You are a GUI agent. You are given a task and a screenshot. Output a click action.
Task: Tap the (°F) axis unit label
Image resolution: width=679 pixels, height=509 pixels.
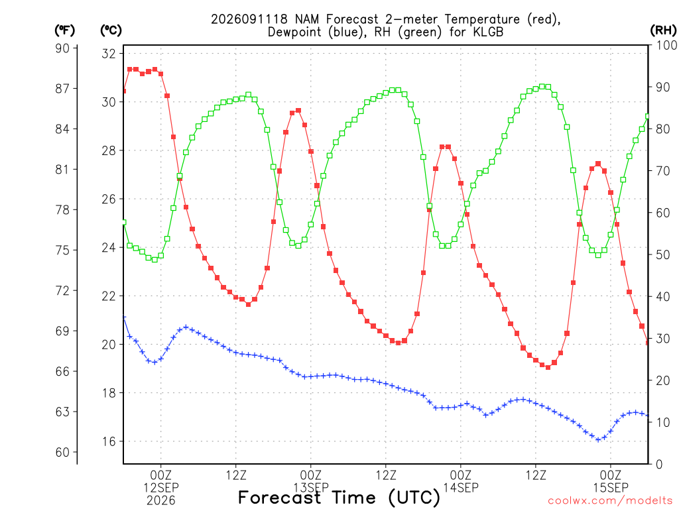[x=64, y=30]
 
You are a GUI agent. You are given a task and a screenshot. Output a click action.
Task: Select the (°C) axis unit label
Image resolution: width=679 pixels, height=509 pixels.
[x=111, y=30]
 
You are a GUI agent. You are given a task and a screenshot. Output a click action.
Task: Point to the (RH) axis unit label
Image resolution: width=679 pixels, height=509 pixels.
[x=663, y=30]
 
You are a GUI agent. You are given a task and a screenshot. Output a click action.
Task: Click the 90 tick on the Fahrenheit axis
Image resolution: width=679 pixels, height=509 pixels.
[x=62, y=48]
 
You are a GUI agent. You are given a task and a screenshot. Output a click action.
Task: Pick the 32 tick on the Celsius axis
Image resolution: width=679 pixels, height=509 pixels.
[x=108, y=54]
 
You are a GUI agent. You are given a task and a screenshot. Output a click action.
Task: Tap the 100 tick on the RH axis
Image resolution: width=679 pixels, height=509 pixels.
[x=666, y=45]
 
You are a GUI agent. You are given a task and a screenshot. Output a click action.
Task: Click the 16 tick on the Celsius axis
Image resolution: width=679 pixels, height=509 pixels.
[x=108, y=441]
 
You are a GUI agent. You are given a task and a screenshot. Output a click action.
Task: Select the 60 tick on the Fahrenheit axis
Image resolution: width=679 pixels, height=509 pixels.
[x=62, y=452]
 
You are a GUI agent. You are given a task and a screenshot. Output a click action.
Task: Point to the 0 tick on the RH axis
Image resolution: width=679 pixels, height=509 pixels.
[x=659, y=465]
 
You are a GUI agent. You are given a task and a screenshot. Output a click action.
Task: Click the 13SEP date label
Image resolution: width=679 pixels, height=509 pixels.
[x=311, y=487]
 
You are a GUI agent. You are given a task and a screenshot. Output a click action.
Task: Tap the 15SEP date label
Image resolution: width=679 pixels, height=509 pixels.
[x=611, y=487]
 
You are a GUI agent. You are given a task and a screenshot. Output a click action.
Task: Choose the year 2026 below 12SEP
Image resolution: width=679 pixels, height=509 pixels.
[x=161, y=501]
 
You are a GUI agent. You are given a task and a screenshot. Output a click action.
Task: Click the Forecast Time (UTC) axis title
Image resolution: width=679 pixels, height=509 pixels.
[x=339, y=498]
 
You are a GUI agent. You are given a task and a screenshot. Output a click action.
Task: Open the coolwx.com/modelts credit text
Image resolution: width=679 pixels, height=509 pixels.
[x=613, y=501]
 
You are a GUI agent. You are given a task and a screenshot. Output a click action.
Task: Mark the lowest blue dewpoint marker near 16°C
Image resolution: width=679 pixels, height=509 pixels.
[x=599, y=440]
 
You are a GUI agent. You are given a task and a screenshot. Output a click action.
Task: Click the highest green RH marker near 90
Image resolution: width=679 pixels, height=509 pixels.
[x=542, y=87]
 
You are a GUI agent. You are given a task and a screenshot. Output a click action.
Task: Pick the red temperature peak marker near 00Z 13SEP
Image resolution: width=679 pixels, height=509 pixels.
[x=298, y=111]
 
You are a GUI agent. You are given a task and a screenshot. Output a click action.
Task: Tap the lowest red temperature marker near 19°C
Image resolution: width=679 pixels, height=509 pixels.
[x=548, y=367]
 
